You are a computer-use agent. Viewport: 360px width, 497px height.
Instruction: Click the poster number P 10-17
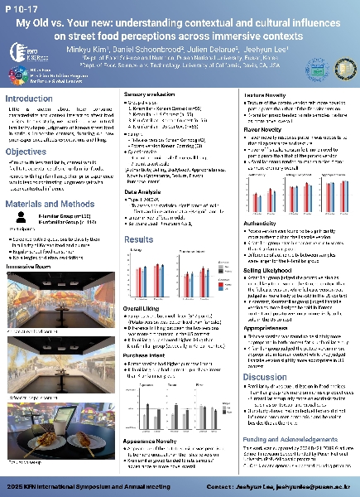pos(22,11)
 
